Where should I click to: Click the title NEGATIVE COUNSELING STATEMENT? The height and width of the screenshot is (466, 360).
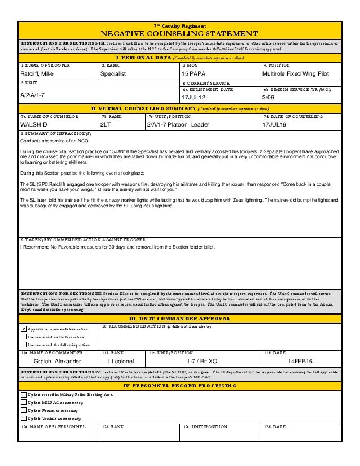[179, 33]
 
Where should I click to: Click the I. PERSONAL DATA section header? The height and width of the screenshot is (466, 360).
[179, 58]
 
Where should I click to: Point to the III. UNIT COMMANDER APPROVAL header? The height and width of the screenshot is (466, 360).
[179, 319]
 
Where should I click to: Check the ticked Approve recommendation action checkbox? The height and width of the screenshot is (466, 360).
[24, 329]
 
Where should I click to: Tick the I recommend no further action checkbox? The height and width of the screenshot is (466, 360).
[24, 337]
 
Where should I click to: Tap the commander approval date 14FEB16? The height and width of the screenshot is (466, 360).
[300, 360]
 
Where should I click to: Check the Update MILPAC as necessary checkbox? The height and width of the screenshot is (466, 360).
[24, 402]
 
